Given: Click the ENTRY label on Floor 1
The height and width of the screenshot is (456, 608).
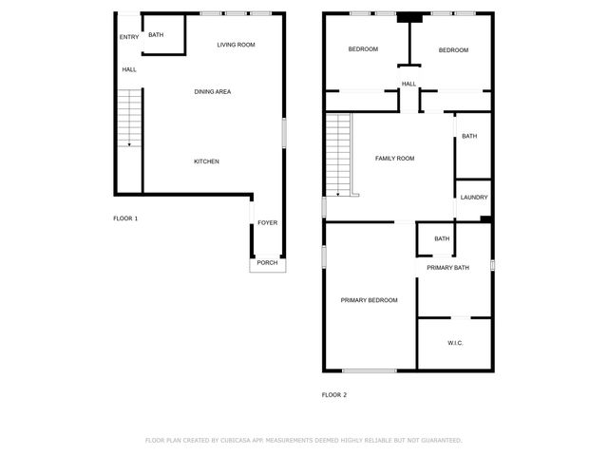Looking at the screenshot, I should [129, 37].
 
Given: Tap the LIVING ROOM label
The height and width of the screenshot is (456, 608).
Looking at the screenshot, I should [236, 45].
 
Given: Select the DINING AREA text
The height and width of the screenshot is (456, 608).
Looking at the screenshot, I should [213, 92].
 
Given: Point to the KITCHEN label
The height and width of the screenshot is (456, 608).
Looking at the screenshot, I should [206, 161].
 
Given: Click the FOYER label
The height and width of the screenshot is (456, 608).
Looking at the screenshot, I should [267, 223].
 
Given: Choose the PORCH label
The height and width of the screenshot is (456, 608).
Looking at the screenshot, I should [267, 262].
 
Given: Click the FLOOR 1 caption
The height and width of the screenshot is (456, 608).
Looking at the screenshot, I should [125, 218].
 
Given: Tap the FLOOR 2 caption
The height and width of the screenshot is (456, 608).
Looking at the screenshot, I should [334, 394].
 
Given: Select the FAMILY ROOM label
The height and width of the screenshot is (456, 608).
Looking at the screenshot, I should [394, 158].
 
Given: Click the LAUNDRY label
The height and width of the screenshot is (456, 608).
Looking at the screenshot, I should [474, 198].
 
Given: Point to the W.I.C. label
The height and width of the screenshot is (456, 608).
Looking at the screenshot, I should [454, 343].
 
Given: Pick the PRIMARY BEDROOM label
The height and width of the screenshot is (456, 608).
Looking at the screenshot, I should [369, 300].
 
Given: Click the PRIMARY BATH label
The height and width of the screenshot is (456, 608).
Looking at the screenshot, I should [447, 268].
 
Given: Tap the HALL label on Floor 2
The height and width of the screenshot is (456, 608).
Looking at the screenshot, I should [408, 85].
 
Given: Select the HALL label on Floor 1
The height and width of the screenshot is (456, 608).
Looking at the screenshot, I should [129, 69].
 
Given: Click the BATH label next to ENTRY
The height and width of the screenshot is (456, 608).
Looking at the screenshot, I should [156, 35].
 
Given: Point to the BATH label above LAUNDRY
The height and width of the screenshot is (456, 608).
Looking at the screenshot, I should [469, 136].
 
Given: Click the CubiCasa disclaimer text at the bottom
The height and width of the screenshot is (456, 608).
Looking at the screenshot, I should [303, 440].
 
